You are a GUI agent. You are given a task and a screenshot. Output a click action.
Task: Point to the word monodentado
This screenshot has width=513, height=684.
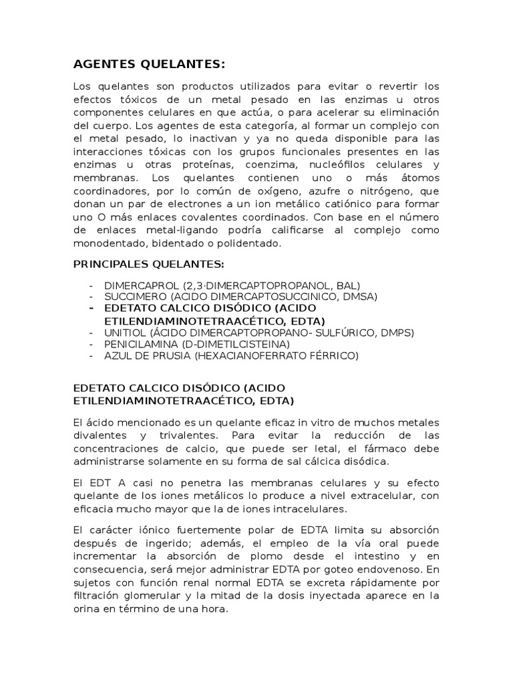click(106, 244)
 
